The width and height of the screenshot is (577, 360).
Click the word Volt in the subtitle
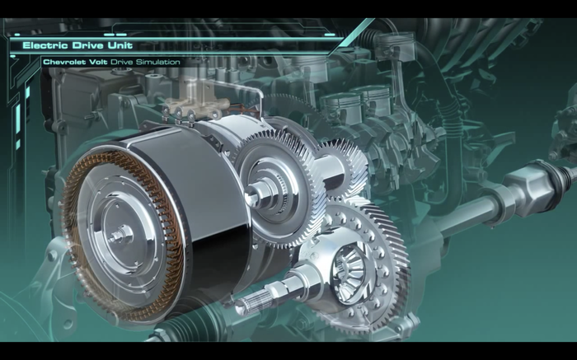click(97, 62)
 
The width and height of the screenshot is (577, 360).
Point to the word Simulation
click(158, 62)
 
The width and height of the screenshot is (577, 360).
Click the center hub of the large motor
click(121, 234)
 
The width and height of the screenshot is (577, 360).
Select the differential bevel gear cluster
click(348, 271)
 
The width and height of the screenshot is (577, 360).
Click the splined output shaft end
click(254, 302)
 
